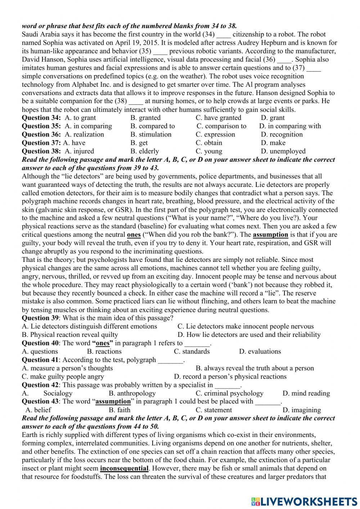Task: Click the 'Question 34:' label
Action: tap(41, 118)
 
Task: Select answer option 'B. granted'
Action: tap(145, 118)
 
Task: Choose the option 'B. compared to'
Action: tap(153, 126)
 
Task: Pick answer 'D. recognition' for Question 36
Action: tap(282, 134)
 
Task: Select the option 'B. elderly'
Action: tap(144, 151)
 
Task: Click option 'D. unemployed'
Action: tap(283, 151)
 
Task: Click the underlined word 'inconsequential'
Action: tap(124, 468)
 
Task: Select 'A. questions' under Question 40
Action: tap(40, 352)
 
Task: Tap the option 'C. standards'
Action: tap(192, 352)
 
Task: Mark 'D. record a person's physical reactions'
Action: tap(230, 376)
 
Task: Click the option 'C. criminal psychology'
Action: tap(229, 393)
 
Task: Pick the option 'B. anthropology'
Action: tap(132, 393)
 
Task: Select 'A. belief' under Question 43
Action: tap(38, 410)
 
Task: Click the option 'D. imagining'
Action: tap(302, 410)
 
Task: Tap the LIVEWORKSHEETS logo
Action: tap(304, 501)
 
